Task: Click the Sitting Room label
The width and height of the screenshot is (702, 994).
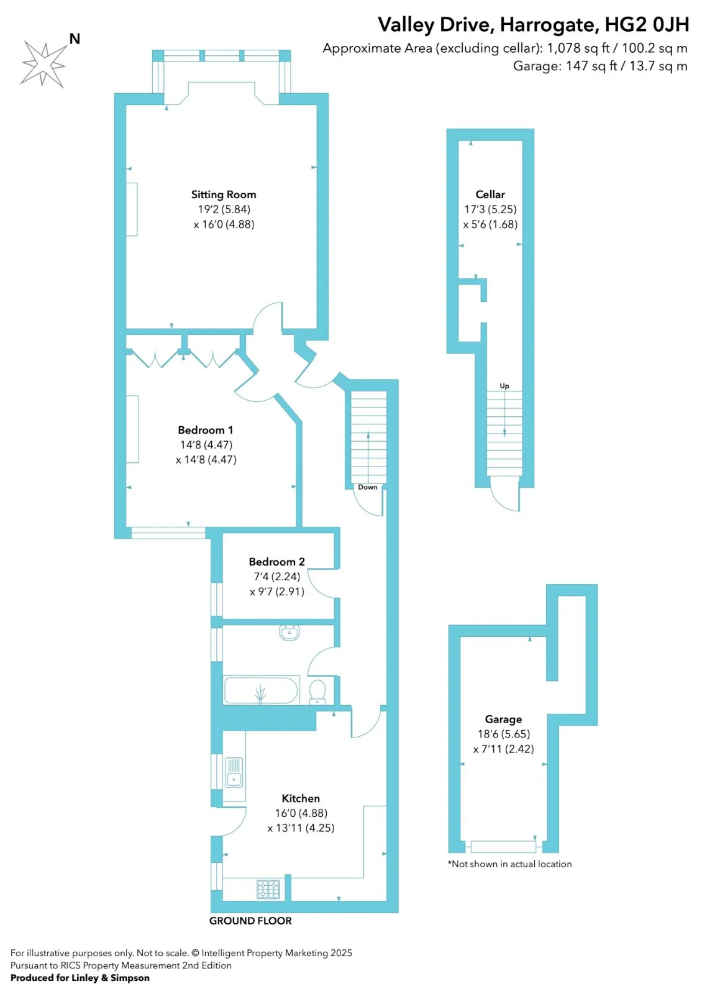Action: click(x=224, y=194)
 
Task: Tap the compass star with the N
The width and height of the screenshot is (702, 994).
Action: click(x=43, y=63)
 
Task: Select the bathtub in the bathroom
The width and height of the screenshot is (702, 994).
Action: click(x=261, y=690)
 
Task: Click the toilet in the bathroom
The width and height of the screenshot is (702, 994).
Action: click(x=317, y=691)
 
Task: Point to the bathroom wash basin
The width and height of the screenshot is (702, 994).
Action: click(x=289, y=632)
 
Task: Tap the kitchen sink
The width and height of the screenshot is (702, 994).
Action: click(x=234, y=772)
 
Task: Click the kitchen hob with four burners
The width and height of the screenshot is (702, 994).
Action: click(x=269, y=889)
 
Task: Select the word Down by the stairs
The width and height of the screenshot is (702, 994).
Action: click(x=367, y=487)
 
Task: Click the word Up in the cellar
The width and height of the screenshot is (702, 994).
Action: click(x=504, y=386)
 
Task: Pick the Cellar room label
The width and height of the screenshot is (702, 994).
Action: click(x=490, y=194)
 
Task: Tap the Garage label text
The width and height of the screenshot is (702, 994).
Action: click(x=503, y=719)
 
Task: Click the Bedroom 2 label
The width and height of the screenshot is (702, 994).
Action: click(x=276, y=562)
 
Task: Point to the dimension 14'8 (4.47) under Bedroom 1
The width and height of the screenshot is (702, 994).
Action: click(x=206, y=445)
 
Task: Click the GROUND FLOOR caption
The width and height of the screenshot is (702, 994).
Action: click(x=250, y=921)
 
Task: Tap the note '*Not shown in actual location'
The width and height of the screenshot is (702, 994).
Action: click(x=509, y=864)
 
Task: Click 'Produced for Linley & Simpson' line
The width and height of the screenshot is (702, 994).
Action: click(x=80, y=978)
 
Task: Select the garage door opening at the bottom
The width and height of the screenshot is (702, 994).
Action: click(x=503, y=846)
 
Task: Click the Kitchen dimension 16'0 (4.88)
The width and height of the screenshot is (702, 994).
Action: click(x=301, y=813)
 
